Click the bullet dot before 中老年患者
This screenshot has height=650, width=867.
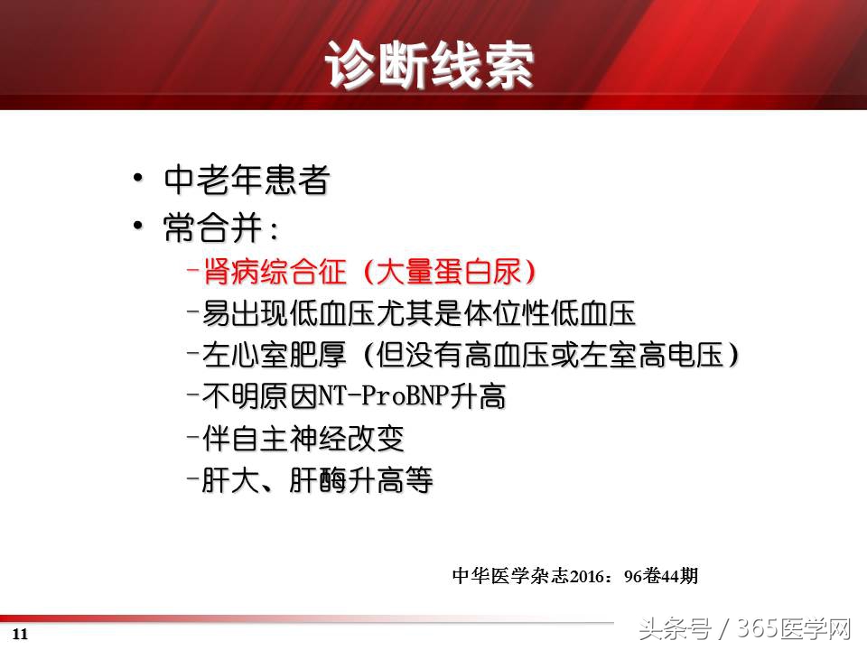tap(137, 179)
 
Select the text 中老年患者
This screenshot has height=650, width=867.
tap(246, 181)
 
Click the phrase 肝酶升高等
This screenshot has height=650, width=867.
tap(361, 480)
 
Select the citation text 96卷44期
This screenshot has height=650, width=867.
tap(660, 575)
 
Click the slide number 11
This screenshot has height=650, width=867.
tap(21, 634)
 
